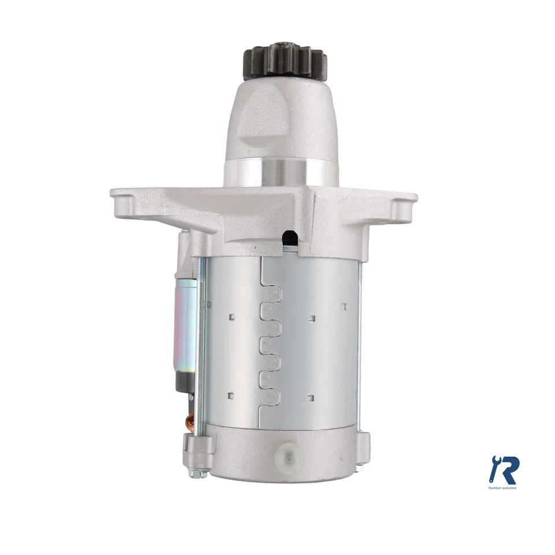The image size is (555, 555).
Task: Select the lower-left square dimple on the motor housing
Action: tap(230, 395)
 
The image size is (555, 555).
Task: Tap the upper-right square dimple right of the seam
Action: tap(312, 316)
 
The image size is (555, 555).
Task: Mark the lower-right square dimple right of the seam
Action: tap(312, 397)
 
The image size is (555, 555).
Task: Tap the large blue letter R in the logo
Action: tap(509, 470)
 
